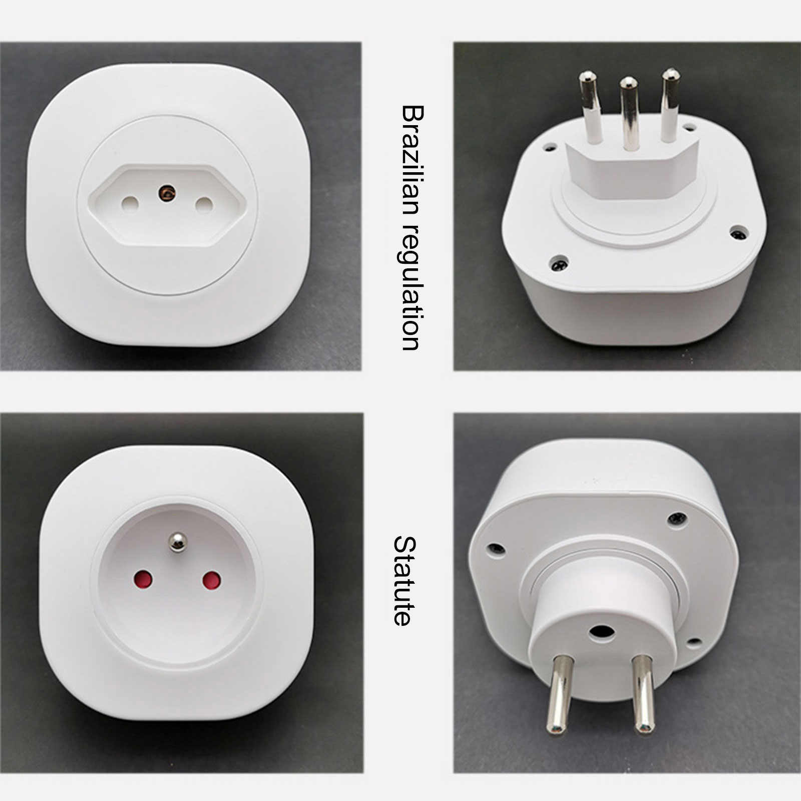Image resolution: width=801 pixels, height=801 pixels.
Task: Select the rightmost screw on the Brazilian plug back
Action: point(737,233)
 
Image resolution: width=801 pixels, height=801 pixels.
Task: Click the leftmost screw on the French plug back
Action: point(496,548)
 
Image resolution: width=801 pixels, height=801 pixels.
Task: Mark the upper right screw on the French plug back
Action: point(676,520)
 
